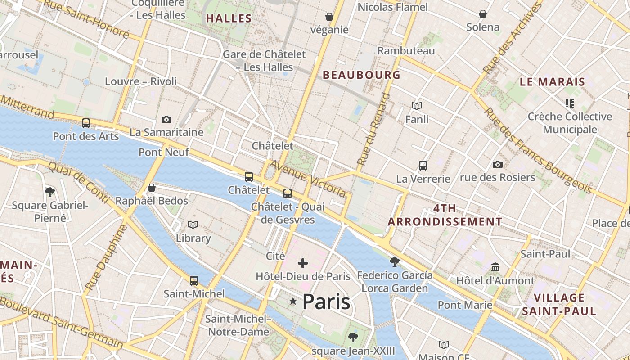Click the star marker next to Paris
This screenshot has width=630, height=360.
pyautogui.click(x=293, y=301)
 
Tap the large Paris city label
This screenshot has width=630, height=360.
pyautogui.click(x=326, y=301)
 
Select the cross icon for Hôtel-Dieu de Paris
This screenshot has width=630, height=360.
pyautogui.click(x=303, y=263)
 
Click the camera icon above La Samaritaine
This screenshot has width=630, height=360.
pyautogui.click(x=166, y=119)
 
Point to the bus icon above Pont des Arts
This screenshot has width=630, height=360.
pyautogui.click(x=85, y=123)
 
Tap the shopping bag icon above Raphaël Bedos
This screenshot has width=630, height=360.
pyautogui.click(x=152, y=187)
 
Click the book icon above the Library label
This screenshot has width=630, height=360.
pyautogui.click(x=193, y=225)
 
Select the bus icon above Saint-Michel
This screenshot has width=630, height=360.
pyautogui.click(x=194, y=280)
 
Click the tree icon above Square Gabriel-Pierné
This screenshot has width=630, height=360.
pyautogui.click(x=50, y=192)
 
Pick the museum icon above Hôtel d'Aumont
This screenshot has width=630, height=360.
pyautogui.click(x=495, y=267)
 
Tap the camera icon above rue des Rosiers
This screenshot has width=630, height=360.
pyautogui.click(x=497, y=164)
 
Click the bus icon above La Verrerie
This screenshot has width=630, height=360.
pyautogui.click(x=423, y=165)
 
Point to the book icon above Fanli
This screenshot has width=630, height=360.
pyautogui.click(x=417, y=106)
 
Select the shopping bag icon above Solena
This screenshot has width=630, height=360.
pyautogui.click(x=483, y=14)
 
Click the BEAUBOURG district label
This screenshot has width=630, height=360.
pyautogui.click(x=361, y=75)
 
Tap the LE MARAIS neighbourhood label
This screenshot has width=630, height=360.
pyautogui.click(x=552, y=82)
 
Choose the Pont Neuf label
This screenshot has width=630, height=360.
pyautogui.click(x=164, y=152)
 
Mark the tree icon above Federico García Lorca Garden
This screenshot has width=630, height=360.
pyautogui.click(x=394, y=261)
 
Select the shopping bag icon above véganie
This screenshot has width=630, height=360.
pyautogui.click(x=329, y=17)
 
